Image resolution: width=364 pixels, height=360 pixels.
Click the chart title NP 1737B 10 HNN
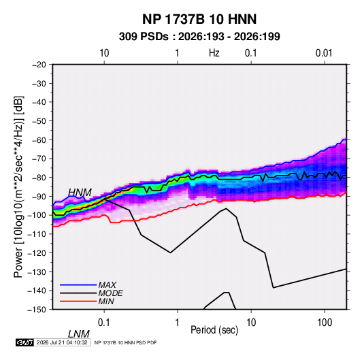click(x=199, y=19)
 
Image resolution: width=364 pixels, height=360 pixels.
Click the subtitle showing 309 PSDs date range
click(x=199, y=37)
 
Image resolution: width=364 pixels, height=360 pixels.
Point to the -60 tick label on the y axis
click(x=39, y=140)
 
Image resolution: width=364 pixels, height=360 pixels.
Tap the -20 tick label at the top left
click(x=39, y=65)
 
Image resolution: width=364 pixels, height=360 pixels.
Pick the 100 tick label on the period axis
click(x=325, y=323)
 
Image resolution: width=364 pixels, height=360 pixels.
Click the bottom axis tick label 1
click(x=178, y=323)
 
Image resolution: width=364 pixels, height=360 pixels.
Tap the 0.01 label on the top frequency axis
click(x=324, y=53)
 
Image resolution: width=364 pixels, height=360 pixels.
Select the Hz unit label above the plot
click(x=214, y=53)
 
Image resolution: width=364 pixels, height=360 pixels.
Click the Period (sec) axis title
click(x=214, y=330)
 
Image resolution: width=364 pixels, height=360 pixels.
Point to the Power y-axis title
click(x=18, y=186)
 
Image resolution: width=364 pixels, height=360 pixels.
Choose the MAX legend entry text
click(x=107, y=284)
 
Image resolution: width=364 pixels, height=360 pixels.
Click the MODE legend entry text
click(x=110, y=293)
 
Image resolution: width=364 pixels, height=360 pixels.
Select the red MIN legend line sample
click(x=78, y=301)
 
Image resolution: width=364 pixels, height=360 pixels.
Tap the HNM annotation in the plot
click(x=80, y=193)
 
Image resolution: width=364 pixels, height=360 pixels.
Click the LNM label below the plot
click(x=79, y=334)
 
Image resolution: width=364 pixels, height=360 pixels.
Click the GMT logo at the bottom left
click(x=24, y=342)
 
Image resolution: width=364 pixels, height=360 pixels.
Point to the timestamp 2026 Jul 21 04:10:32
click(x=62, y=342)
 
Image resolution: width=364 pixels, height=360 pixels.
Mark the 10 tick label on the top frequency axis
click(x=104, y=53)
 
